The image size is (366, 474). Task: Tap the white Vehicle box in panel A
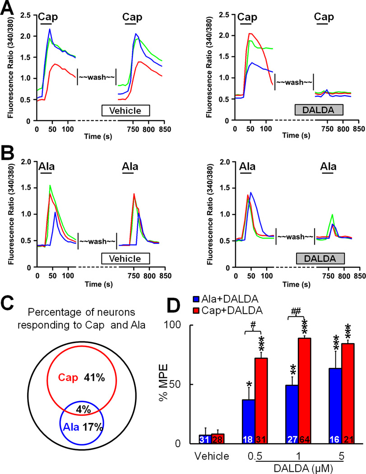[125, 111]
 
